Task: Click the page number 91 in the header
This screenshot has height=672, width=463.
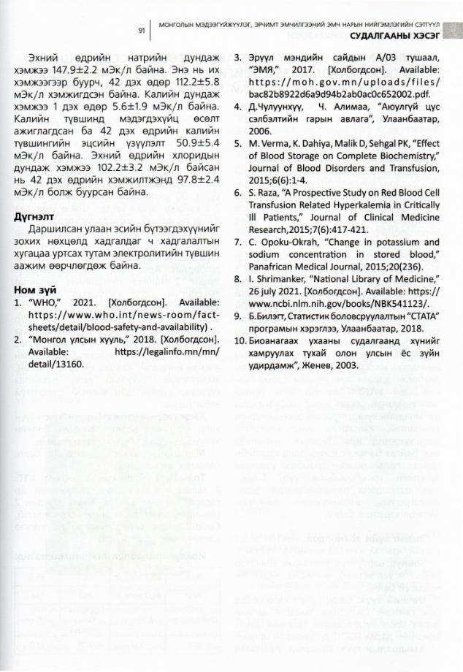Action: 142,31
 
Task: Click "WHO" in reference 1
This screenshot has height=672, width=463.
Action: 45,301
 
